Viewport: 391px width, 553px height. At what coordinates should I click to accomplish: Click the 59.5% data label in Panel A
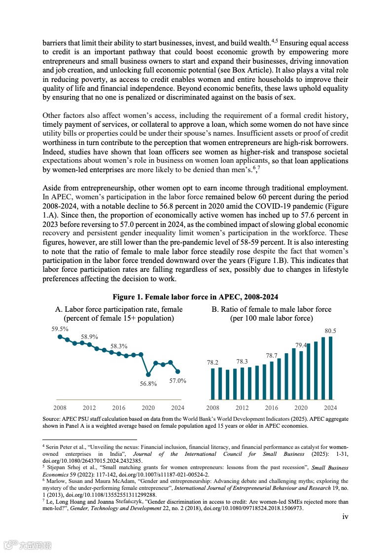point(60,329)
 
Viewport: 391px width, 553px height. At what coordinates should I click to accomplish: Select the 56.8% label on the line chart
point(148,384)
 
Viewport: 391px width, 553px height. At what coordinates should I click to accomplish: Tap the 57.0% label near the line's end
point(178,381)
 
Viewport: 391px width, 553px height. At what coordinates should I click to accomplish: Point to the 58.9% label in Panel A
point(89,336)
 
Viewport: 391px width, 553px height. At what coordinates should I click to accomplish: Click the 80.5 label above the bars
point(330,331)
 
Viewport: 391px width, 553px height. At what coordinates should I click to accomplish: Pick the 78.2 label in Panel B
point(213,362)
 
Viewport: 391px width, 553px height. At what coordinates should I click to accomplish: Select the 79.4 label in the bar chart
point(301,345)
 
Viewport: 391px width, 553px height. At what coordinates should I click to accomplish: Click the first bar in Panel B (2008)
point(213,384)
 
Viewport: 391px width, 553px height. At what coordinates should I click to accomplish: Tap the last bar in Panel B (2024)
point(330,368)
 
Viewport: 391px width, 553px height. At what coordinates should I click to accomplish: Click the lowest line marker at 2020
point(148,374)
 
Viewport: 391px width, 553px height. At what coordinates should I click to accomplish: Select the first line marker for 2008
point(60,337)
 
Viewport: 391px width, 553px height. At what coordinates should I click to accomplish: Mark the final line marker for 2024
point(178,371)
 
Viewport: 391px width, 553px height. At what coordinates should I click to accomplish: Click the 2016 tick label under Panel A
point(119,408)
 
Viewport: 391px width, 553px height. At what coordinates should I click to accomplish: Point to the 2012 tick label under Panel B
point(242,408)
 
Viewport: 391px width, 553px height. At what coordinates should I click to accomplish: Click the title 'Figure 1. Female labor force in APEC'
point(195,297)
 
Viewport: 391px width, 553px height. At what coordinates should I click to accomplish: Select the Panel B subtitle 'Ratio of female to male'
point(272,309)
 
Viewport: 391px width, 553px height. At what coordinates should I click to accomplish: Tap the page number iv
point(346,516)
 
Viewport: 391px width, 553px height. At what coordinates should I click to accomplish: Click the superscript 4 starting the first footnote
point(44,445)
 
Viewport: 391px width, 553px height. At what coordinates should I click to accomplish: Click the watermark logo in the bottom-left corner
point(27,545)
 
